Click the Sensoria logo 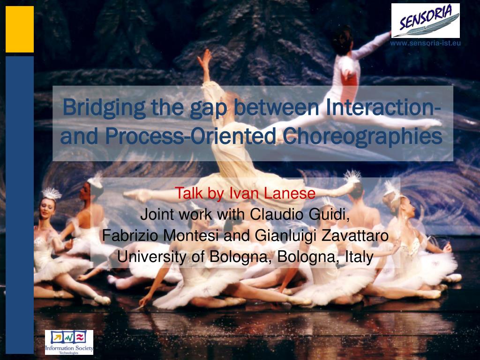point(426,21)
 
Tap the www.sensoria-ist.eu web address point(425,43)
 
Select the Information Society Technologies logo point(69,342)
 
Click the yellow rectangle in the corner point(20,29)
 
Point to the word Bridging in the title point(104,107)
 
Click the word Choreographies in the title point(362,136)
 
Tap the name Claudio point(277,214)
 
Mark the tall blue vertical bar point(20,205)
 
